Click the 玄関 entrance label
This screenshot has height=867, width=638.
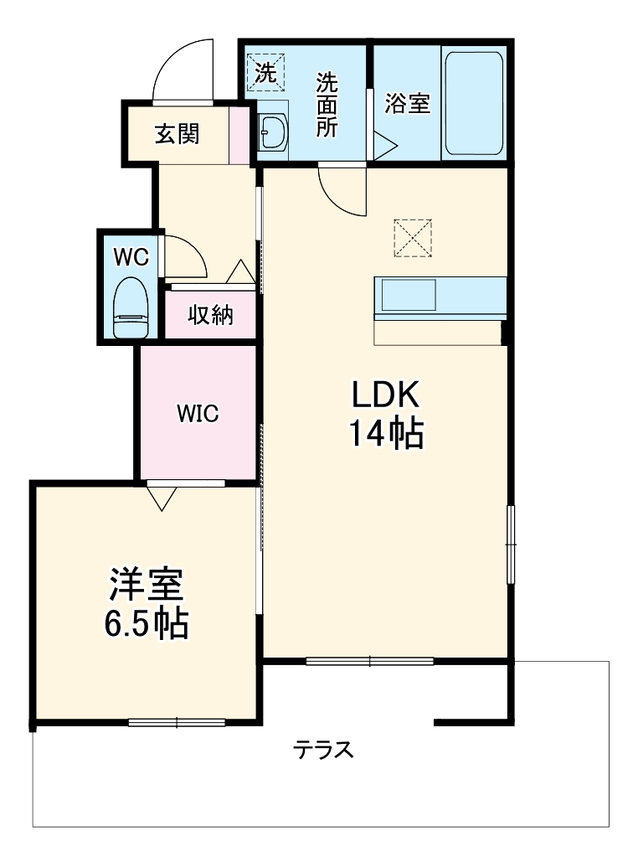(x=177, y=134)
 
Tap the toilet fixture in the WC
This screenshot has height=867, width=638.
(x=130, y=307)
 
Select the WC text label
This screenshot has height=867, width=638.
(x=131, y=257)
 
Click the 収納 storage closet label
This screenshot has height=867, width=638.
(x=210, y=316)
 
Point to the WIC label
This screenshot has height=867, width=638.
(x=197, y=413)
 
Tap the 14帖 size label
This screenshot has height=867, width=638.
(x=385, y=433)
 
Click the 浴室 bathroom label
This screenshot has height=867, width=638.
(x=408, y=104)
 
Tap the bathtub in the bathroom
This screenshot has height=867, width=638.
(x=473, y=104)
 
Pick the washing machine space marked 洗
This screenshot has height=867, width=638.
(x=265, y=72)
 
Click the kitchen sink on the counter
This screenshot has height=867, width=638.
(x=409, y=296)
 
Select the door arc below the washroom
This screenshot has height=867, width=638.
(x=342, y=191)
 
